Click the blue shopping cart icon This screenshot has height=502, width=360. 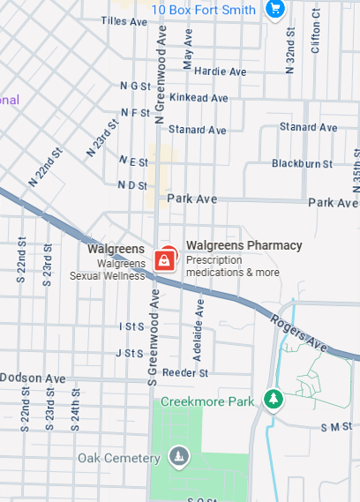274,10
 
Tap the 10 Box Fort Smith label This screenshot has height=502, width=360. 204,10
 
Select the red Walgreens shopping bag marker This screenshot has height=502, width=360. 163,259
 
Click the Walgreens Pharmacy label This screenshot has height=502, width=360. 244,245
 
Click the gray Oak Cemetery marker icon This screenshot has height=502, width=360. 179,457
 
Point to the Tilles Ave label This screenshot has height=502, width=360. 124,20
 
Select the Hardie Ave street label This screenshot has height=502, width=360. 221,71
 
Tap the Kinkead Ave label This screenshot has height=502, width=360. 198,97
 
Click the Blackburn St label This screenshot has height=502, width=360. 302,163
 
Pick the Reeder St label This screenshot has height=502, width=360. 184,372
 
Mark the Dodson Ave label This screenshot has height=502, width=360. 33,378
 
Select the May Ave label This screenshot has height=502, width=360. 187,49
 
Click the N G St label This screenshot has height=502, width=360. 135,86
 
